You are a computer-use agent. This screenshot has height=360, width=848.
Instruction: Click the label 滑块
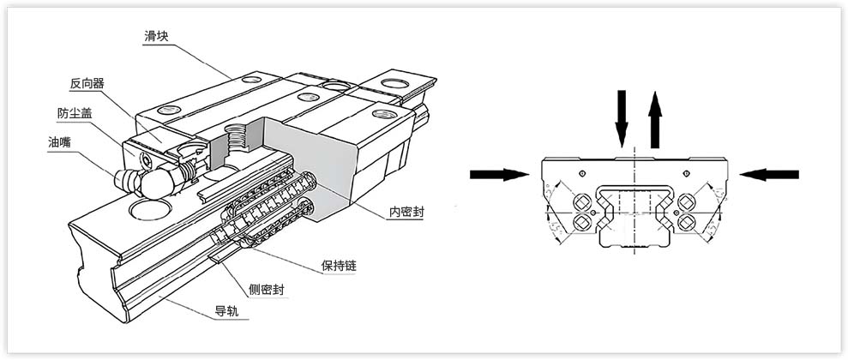(159, 36)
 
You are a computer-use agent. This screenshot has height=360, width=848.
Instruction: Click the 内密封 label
(405, 210)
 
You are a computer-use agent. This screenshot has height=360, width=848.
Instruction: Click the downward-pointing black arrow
(622, 121)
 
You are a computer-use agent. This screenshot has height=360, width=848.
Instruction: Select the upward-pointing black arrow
(655, 121)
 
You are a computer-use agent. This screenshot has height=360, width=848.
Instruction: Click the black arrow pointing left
(769, 175)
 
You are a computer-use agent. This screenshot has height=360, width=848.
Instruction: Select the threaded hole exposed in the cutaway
(236, 136)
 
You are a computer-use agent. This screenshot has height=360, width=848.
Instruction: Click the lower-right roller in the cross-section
(687, 223)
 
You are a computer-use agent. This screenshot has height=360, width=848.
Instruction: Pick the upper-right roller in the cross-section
(687, 202)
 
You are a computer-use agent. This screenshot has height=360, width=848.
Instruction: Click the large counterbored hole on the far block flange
(396, 84)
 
